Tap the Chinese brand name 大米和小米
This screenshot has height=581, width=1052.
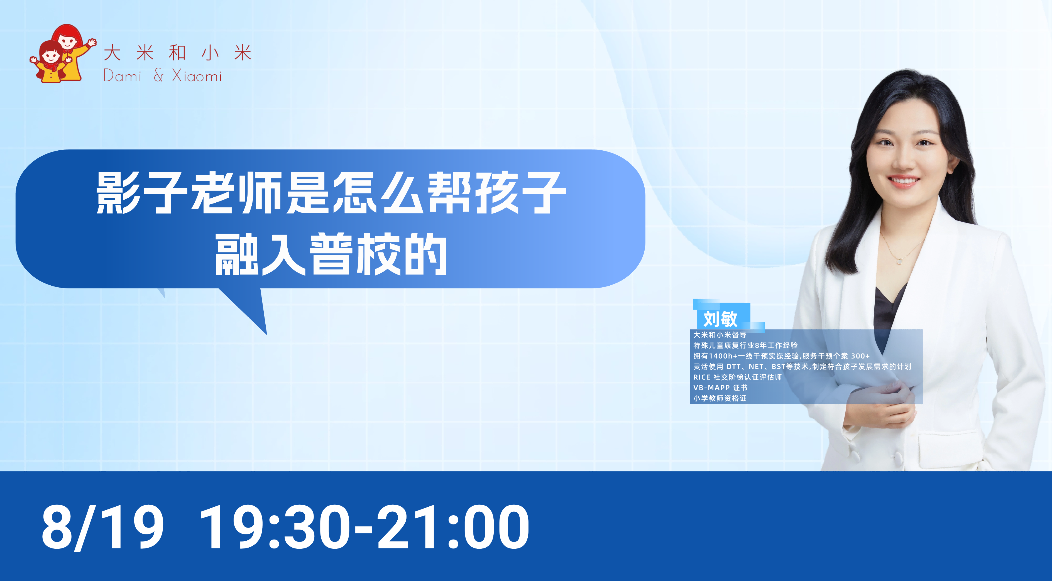[x=178, y=53]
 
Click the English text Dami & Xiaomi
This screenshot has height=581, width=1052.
[x=163, y=76]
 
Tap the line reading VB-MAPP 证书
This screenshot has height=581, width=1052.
[x=720, y=388]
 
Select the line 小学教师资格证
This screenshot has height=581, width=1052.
[x=720, y=398]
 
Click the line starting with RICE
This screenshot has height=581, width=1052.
[x=737, y=377]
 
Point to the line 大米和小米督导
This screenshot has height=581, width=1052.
[x=720, y=335]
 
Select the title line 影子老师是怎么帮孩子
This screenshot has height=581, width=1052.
[x=331, y=193]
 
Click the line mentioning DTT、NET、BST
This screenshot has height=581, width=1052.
[x=802, y=367]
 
